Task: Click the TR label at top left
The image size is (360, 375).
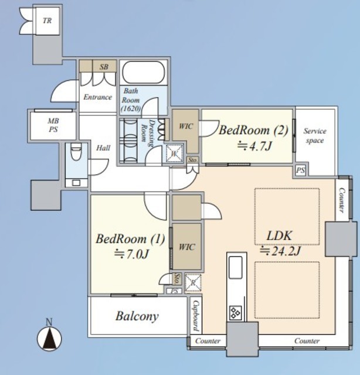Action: pyautogui.click(x=47, y=21)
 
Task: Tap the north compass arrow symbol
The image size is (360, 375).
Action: pyautogui.click(x=49, y=339)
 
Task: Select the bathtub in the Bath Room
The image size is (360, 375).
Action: pyautogui.click(x=144, y=73)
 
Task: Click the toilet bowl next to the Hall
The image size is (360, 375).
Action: pyautogui.click(x=76, y=152)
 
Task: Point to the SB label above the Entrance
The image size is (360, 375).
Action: pyautogui.click(x=104, y=67)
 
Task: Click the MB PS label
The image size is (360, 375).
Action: pyautogui.click(x=53, y=125)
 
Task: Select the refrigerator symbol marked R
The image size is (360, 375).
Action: pyautogui.click(x=193, y=283)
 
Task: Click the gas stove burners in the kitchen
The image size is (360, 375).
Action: pyautogui.click(x=236, y=313)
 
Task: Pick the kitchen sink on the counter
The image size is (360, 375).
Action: pyautogui.click(x=236, y=267)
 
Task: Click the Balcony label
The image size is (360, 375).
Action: pyautogui.click(x=137, y=316)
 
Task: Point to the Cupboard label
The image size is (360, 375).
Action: pyautogui.click(x=196, y=316)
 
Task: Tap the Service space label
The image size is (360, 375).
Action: pyautogui.click(x=315, y=135)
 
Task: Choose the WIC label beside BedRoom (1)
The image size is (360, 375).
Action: pyautogui.click(x=186, y=247)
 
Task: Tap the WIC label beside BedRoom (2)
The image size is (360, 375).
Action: pyautogui.click(x=186, y=127)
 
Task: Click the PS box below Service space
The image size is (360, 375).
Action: pyautogui.click(x=301, y=171)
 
